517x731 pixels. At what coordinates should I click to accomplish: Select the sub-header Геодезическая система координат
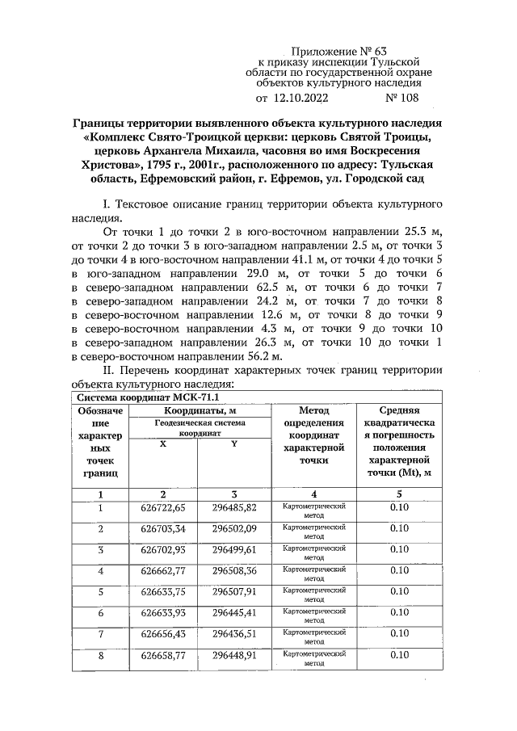(x=198, y=427)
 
